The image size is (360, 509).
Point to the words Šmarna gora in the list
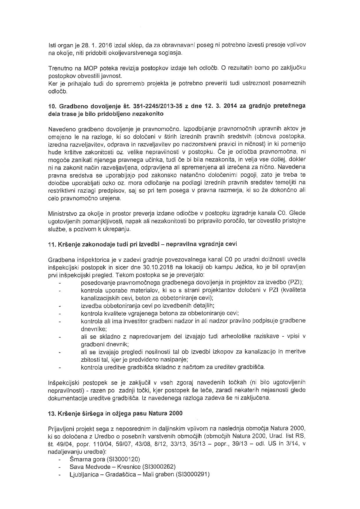point(84,459)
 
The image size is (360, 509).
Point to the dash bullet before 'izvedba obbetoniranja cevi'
point(60,306)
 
